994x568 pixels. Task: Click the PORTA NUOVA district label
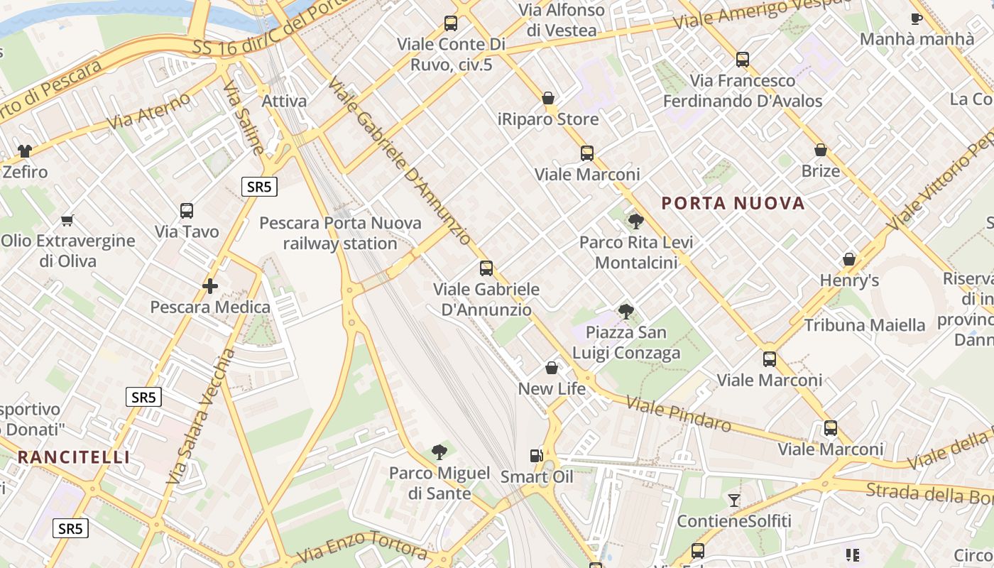(x=733, y=204)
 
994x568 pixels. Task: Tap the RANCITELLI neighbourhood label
(x=74, y=457)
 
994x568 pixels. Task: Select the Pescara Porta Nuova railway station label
(x=340, y=233)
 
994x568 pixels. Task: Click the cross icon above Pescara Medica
(x=209, y=286)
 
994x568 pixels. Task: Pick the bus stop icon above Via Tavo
(x=187, y=211)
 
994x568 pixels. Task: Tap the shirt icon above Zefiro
(x=25, y=151)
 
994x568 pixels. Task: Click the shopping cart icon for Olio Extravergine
(x=67, y=220)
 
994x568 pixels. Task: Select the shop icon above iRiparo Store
(x=548, y=98)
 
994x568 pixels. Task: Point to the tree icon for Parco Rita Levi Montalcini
(x=636, y=222)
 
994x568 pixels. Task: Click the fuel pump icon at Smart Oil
(x=537, y=456)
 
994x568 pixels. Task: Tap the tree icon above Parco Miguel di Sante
(x=439, y=452)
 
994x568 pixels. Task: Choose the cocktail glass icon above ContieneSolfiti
(x=734, y=501)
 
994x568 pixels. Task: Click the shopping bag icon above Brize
(x=821, y=150)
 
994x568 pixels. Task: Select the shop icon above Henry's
(x=849, y=259)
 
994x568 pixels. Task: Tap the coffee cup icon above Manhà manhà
(x=917, y=18)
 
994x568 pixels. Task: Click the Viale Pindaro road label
(x=679, y=415)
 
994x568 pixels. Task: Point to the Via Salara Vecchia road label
(x=200, y=417)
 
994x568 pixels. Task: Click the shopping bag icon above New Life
(x=552, y=368)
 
